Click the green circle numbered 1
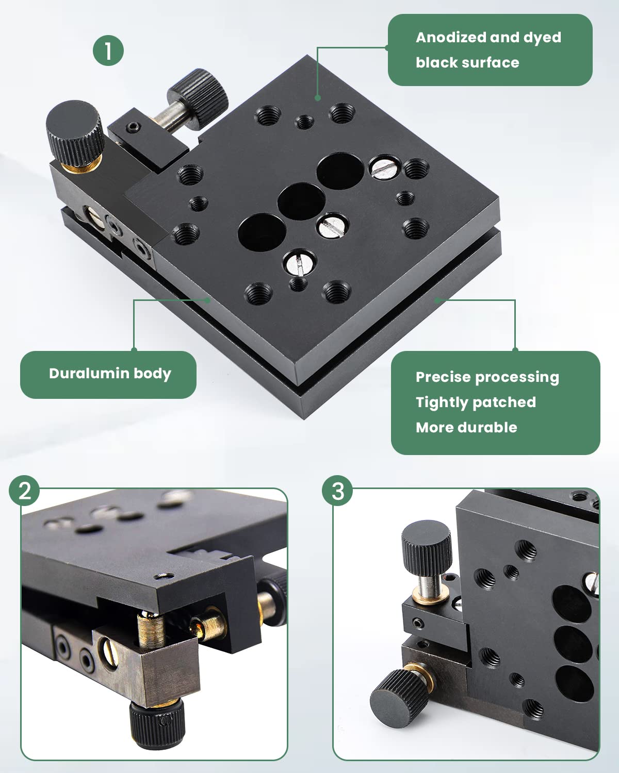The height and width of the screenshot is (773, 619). tap(108, 51)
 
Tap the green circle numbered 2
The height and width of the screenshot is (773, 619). tap(24, 491)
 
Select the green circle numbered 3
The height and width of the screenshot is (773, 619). tap(337, 491)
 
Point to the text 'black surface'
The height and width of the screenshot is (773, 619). tap(467, 62)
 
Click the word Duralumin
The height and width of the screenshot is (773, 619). tap(89, 373)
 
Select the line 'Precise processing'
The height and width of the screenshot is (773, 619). tap(487, 377)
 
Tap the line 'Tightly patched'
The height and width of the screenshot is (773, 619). tap(476, 402)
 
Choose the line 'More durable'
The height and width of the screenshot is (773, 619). tap(466, 427)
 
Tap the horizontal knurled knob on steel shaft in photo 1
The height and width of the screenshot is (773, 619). tap(199, 97)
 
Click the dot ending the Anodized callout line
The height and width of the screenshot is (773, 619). tap(318, 97)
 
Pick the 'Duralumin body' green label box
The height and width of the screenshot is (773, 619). tap(108, 375)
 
